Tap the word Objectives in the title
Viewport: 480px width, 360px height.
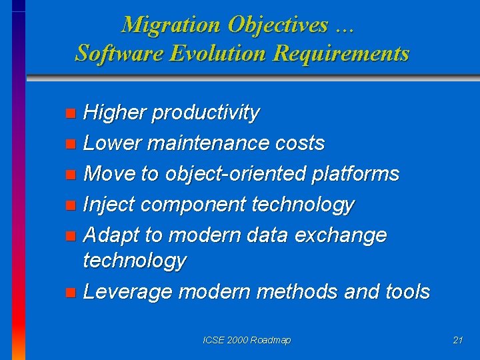click(277, 25)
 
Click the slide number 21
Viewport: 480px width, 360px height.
click(457, 340)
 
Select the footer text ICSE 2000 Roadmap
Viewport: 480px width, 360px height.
click(247, 340)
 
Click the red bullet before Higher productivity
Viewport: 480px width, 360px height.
click(71, 114)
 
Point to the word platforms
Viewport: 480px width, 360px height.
click(355, 174)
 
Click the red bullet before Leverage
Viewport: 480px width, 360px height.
click(71, 293)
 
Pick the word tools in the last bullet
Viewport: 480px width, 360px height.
click(407, 291)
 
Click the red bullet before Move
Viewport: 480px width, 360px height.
click(71, 175)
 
